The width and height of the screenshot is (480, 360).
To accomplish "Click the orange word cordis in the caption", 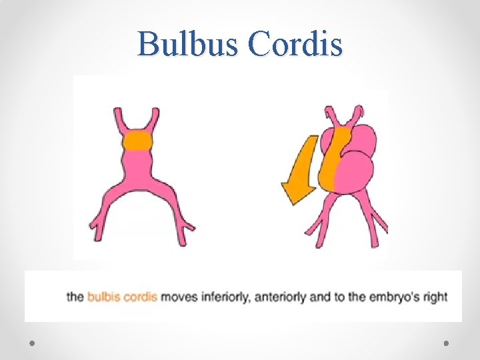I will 138,297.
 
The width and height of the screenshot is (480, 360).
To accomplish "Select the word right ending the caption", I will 435,297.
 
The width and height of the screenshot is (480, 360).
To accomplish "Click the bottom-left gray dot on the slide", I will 33,342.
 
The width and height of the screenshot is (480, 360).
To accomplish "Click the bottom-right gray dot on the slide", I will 446,342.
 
